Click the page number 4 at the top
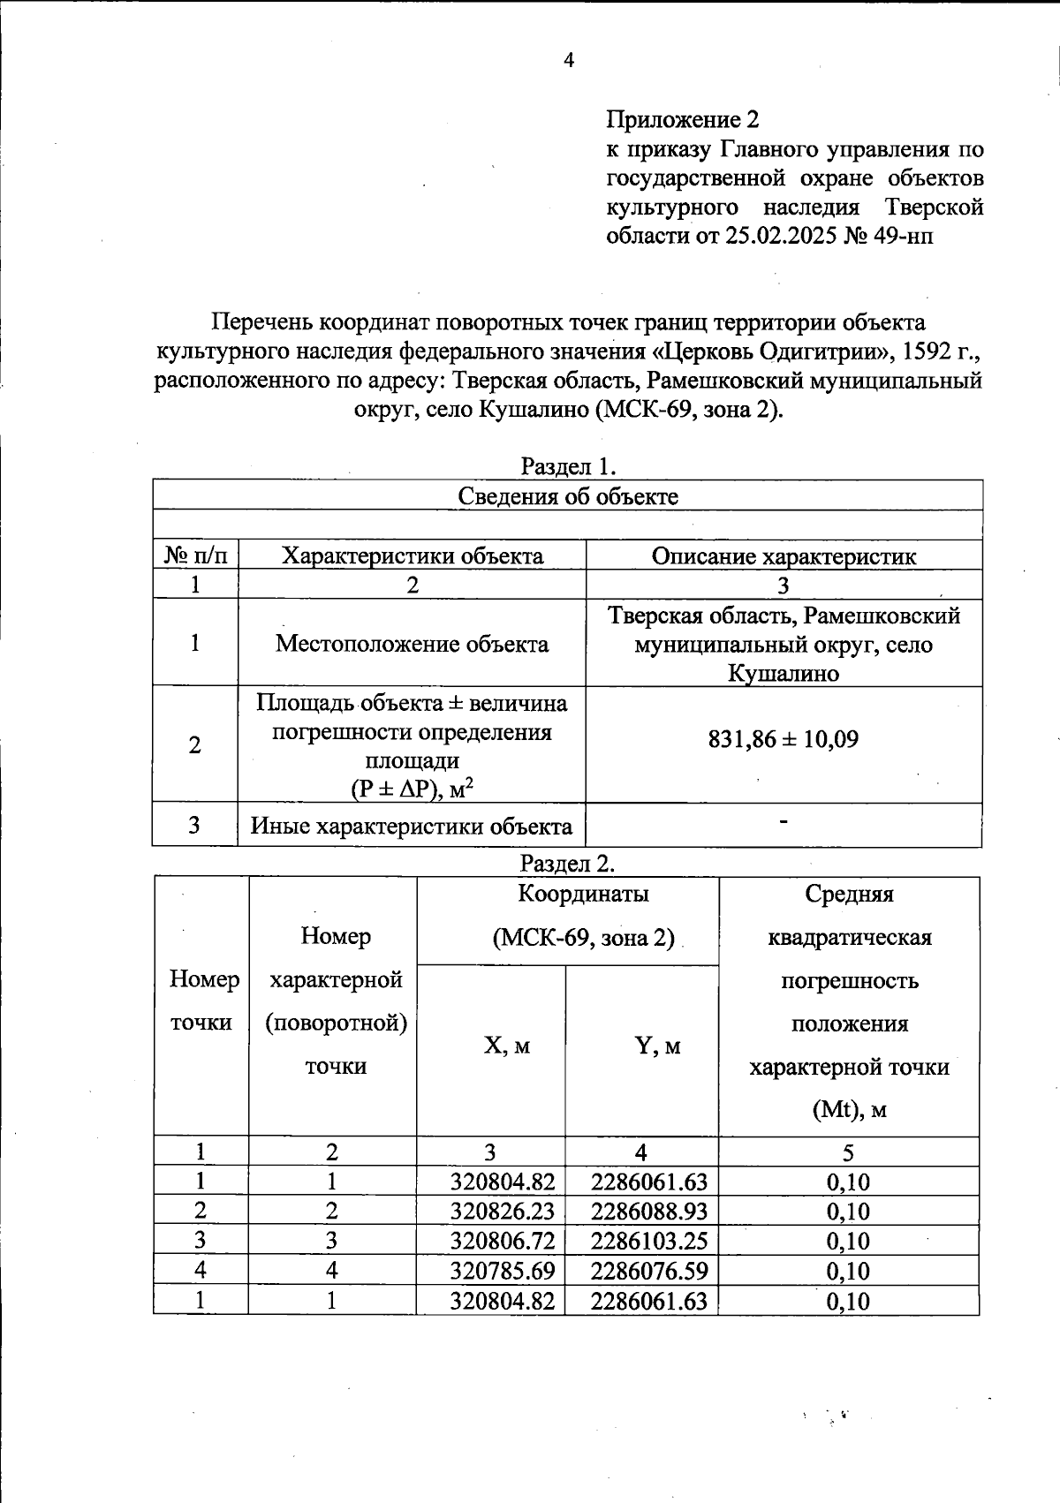tap(569, 61)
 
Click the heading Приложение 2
tap(683, 119)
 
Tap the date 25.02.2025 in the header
tap(776, 236)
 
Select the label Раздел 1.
tap(567, 465)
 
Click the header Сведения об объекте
tap(567, 496)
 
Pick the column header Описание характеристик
tap(784, 556)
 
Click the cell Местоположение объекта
tap(412, 644)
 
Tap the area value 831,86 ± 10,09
tap(784, 739)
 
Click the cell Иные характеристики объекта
tap(412, 827)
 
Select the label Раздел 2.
tap(567, 863)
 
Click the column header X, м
tap(507, 1046)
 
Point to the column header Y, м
tap(657, 1046)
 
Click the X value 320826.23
tap(502, 1211)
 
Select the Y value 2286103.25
tap(649, 1241)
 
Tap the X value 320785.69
tap(502, 1271)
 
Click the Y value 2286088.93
tap(649, 1211)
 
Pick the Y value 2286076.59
tap(649, 1271)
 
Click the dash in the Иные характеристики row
tap(784, 822)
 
